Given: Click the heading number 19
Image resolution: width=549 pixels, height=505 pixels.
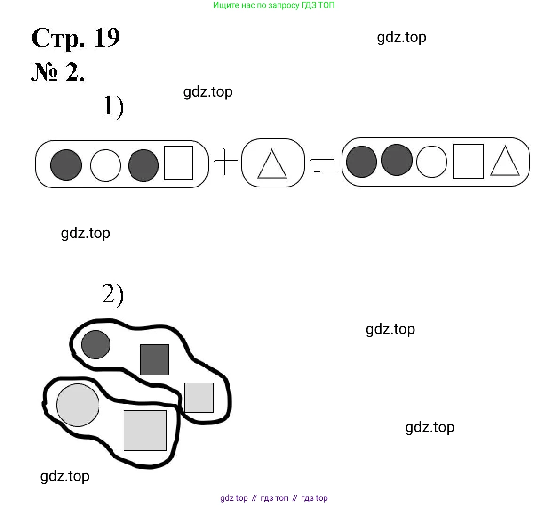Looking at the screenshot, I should (x=107, y=37).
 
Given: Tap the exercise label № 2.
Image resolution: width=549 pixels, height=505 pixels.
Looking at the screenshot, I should (x=58, y=73).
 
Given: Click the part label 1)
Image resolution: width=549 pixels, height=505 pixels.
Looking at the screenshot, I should (x=113, y=106).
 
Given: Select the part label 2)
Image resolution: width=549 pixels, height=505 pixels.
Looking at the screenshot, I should (x=113, y=295).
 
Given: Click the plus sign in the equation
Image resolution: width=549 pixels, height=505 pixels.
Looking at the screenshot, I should (x=226, y=162).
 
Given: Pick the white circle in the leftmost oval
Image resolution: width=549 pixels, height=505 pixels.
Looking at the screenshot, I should (x=105, y=165).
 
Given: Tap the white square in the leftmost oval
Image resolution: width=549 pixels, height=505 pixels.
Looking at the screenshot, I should (x=178, y=163).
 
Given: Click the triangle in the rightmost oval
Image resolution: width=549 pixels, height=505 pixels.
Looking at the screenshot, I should (x=505, y=162).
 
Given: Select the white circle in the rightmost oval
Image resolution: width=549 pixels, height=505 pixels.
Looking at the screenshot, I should (x=432, y=162).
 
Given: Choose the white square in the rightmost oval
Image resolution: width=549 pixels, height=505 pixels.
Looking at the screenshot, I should (x=468, y=161).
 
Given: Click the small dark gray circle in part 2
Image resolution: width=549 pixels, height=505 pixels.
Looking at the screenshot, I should (x=95, y=344).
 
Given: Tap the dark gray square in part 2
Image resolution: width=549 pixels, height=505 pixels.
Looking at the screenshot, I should (x=155, y=359).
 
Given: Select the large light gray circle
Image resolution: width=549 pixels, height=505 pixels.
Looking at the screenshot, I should (x=78, y=405).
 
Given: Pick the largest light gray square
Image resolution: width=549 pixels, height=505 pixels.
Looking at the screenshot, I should (x=145, y=431).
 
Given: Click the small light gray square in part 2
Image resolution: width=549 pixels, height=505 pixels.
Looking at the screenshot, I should (x=199, y=398).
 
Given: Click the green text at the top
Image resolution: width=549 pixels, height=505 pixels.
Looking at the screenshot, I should (x=274, y=6).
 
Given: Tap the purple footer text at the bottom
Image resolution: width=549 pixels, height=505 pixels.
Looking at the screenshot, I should (x=274, y=498).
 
